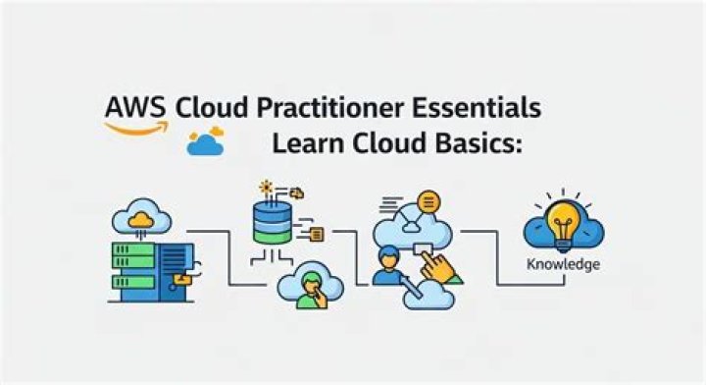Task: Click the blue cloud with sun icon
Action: coord(206,141)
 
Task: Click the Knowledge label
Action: coord(564,264)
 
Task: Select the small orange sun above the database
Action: coord(264,186)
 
